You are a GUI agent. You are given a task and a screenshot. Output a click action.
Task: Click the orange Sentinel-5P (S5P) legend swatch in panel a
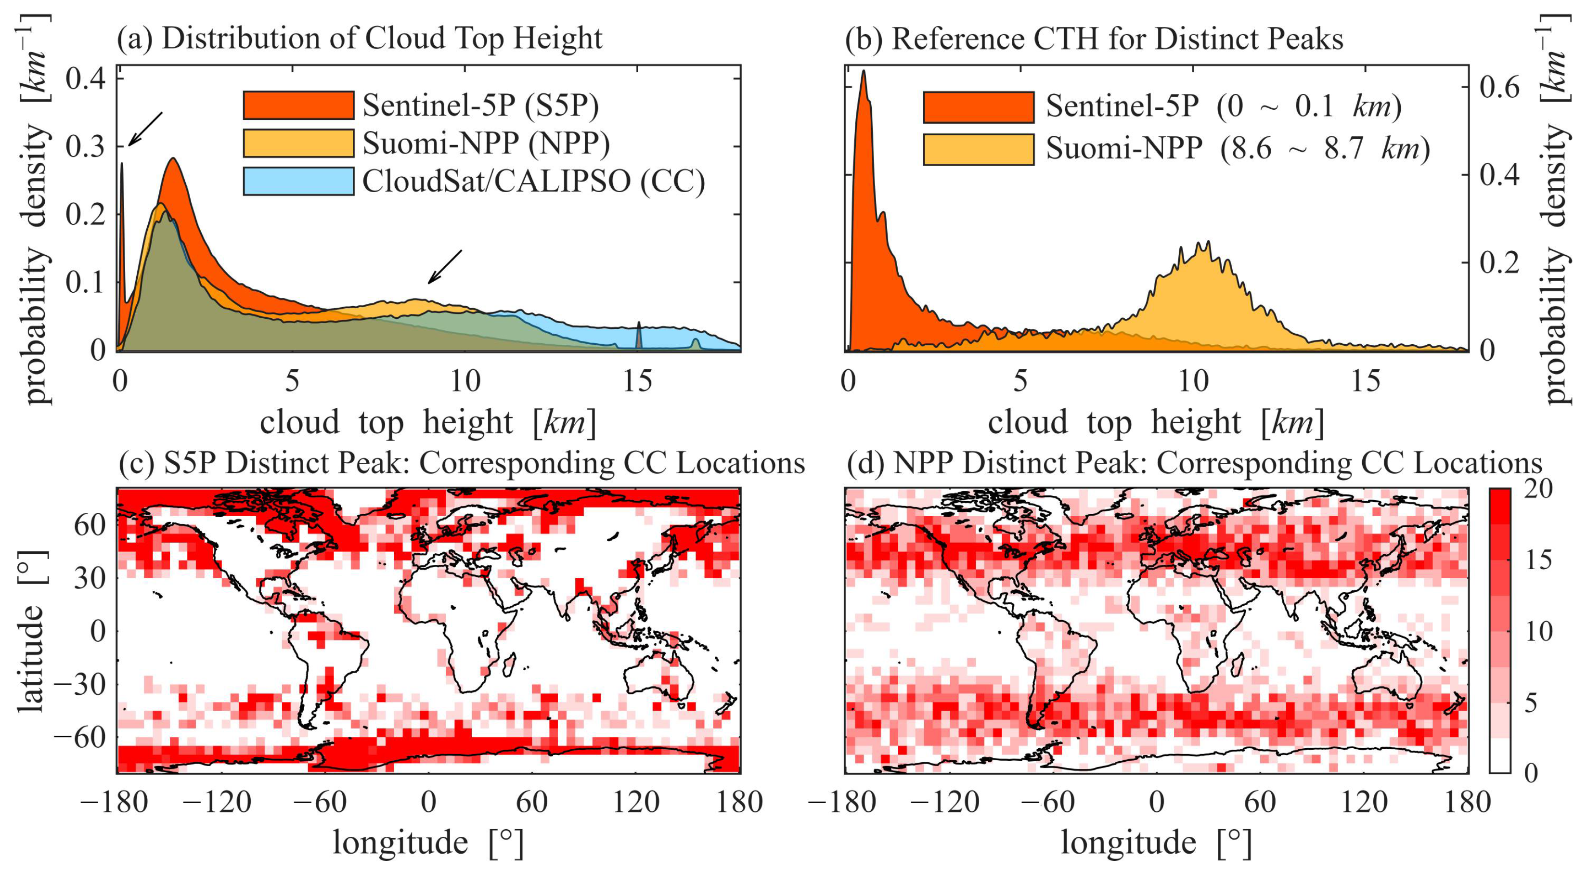pyautogui.click(x=298, y=105)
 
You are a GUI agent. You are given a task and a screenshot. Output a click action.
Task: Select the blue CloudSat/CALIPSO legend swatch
pyautogui.click(x=298, y=181)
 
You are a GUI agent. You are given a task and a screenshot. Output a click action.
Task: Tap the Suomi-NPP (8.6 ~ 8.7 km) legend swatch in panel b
pyautogui.click(x=978, y=149)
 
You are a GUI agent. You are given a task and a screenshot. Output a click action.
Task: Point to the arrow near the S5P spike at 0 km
pyautogui.click(x=145, y=130)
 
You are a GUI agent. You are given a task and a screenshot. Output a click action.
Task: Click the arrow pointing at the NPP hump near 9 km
pyautogui.click(x=445, y=266)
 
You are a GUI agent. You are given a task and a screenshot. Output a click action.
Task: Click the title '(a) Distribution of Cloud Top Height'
pyautogui.click(x=360, y=38)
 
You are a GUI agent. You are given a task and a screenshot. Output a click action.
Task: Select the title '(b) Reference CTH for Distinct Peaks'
pyautogui.click(x=1094, y=38)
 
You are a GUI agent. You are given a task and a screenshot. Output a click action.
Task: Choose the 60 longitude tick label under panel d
pyautogui.click(x=1260, y=802)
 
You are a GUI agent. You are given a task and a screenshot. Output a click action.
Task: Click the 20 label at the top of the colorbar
pyautogui.click(x=1538, y=489)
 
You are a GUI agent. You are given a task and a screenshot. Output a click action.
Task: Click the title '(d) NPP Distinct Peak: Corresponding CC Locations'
pyautogui.click(x=1194, y=462)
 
